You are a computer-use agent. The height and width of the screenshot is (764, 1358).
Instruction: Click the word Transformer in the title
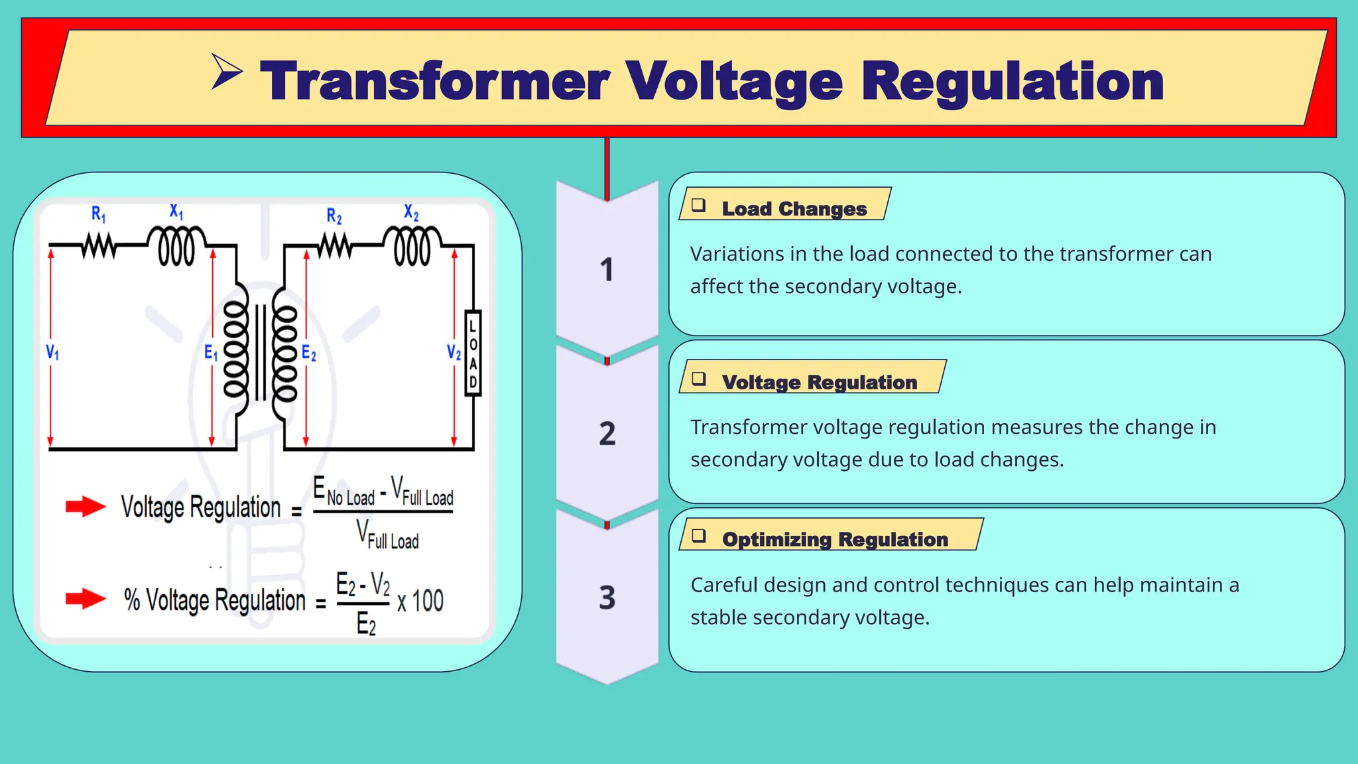pos(434,82)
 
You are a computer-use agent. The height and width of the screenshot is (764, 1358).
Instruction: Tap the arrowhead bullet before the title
pos(226,72)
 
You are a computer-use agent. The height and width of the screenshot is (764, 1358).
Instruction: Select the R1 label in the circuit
pos(98,214)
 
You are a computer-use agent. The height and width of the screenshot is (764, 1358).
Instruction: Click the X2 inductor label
pos(411,212)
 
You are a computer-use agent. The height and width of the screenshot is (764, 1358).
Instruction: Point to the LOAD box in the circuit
pos(473,353)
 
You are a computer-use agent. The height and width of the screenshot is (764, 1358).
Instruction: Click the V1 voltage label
pos(52,352)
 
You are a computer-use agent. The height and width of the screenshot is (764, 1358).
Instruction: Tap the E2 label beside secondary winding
pos(309,353)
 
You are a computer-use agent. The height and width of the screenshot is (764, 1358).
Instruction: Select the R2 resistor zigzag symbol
pos(335,247)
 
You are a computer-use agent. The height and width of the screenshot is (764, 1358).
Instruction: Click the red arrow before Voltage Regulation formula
pos(86,507)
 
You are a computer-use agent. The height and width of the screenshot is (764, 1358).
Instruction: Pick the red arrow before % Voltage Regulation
pos(86,599)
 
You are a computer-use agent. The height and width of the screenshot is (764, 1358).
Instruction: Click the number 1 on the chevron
pos(607,270)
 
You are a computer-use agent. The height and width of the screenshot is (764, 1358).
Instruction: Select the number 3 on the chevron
pos(607,598)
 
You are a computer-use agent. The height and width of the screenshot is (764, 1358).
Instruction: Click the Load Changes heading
pos(794,209)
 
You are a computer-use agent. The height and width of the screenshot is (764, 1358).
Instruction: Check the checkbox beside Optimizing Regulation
pos(699,536)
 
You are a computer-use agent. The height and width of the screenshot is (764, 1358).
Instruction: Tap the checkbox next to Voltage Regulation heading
pos(699,379)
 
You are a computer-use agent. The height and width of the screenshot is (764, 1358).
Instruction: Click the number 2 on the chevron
pos(607,434)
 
